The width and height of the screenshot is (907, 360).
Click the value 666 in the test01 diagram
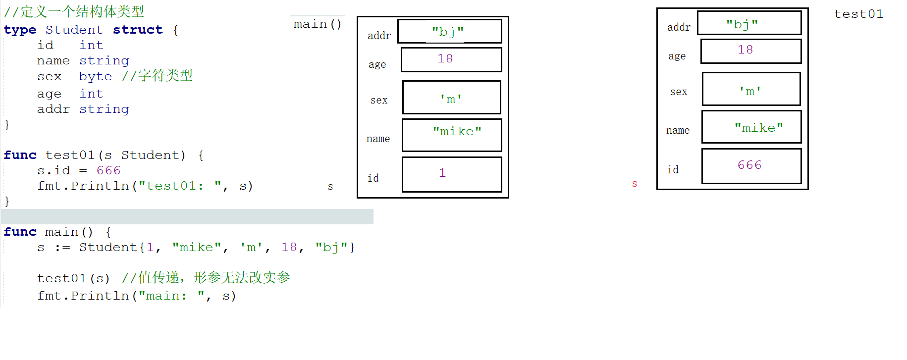749,165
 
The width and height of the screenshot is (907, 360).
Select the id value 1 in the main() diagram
442,173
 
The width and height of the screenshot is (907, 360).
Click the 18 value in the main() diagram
445,59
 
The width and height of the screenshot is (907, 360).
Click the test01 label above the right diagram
858,14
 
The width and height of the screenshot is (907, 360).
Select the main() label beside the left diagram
317,24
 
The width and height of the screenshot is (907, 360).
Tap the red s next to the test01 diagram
635,184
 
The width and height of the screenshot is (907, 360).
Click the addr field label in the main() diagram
379,36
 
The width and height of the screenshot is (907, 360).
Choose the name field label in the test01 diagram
678,131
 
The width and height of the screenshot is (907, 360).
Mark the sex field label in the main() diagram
379,101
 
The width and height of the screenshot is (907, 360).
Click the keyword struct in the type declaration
138,30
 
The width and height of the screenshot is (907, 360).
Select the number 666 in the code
108,171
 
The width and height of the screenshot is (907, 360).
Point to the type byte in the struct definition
95,77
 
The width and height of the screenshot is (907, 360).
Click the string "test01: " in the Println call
179,186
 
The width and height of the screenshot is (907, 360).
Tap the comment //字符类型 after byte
157,76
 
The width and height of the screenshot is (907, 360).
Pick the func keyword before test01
20,155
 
